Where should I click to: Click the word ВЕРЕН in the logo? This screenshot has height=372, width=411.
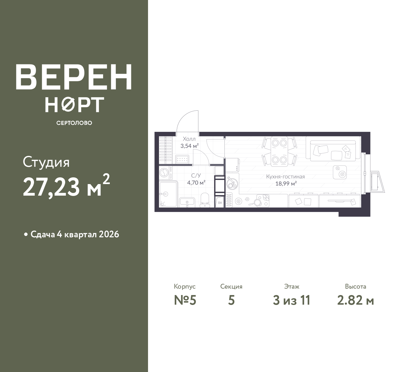(x=74, y=77)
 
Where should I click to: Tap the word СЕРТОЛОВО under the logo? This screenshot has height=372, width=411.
(x=74, y=123)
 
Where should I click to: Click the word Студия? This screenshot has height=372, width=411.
(x=46, y=163)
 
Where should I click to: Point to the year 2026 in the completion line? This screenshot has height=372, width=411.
(x=109, y=234)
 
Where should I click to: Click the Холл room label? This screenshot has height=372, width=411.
(x=189, y=139)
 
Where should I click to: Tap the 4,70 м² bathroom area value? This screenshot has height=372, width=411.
(x=196, y=183)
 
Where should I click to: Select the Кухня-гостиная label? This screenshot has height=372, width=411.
(x=285, y=177)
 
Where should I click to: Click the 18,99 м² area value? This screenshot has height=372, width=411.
(x=286, y=183)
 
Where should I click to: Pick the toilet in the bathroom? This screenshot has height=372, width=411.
(x=205, y=200)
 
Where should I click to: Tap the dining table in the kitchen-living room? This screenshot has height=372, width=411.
(x=279, y=151)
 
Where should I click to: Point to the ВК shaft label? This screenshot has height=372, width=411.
(x=220, y=203)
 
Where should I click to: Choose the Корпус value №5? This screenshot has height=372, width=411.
(x=185, y=300)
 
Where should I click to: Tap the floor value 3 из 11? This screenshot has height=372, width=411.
(x=292, y=300)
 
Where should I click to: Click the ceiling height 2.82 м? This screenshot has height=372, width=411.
(x=355, y=300)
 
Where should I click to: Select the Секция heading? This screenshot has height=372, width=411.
(x=231, y=286)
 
